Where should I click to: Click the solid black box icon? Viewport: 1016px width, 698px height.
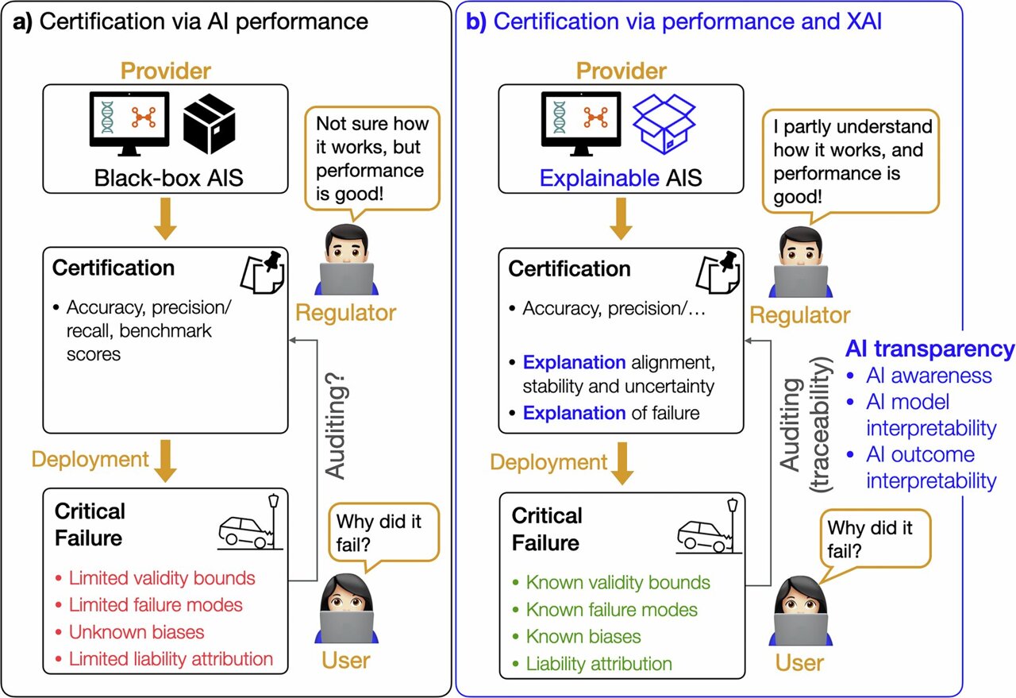point(209,123)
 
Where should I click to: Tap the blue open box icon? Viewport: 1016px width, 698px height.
point(664,125)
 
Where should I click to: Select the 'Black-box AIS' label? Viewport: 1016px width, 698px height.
point(168,177)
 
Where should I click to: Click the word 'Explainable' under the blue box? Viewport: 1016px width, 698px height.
point(599,178)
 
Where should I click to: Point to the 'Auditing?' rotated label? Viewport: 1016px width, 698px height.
point(336,426)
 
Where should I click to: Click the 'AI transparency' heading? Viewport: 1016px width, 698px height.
point(929,349)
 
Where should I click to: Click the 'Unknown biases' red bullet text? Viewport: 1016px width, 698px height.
point(136,632)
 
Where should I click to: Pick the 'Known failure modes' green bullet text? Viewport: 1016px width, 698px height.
point(611,610)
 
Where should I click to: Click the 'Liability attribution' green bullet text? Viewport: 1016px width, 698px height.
point(598,664)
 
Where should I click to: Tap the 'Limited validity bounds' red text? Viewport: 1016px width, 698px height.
point(161,578)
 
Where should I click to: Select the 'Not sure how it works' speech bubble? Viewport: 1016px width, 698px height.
point(372,158)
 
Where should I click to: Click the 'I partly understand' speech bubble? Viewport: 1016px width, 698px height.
point(851,161)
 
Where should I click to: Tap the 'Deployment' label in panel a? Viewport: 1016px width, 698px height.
point(90,459)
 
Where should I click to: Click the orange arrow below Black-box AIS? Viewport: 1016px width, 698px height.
point(166,218)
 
